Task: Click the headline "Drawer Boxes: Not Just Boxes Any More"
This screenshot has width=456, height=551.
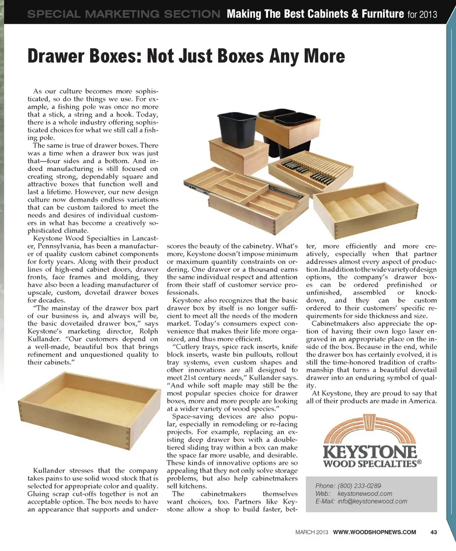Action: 186,56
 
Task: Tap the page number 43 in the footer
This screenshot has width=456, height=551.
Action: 433,531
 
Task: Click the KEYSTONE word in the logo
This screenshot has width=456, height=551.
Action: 370,451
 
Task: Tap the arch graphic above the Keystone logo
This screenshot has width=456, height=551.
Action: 369,427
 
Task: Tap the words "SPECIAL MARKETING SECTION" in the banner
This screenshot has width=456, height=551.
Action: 123,14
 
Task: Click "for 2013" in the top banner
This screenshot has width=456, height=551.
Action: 422,14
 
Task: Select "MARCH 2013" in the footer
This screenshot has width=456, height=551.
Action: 311,531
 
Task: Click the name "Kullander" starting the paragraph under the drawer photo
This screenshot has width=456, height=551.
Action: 53,471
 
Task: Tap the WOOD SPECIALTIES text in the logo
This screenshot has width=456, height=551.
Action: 370,463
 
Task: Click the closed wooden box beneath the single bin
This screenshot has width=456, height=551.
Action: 238,156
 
